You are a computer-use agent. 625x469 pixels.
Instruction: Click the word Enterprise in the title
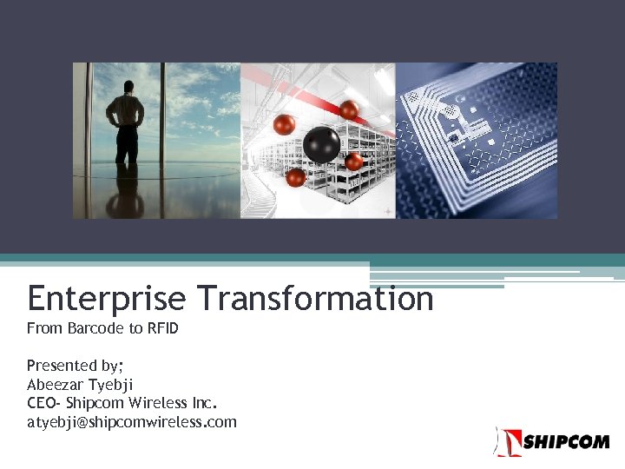pyautogui.click(x=106, y=299)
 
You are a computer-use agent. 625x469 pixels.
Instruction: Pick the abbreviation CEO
pyautogui.click(x=43, y=404)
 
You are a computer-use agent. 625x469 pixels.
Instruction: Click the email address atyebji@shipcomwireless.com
pyautogui.click(x=131, y=423)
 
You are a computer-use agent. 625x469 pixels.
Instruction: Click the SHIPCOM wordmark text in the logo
pyautogui.click(x=565, y=442)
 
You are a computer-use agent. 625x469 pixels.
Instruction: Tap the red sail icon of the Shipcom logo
pyautogui.click(x=508, y=441)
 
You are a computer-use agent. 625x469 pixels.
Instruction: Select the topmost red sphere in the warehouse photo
pyautogui.click(x=349, y=110)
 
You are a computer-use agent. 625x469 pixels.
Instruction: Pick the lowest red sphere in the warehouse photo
pyautogui.click(x=295, y=178)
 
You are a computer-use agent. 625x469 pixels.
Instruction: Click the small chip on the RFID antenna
pyautogui.click(x=453, y=136)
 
